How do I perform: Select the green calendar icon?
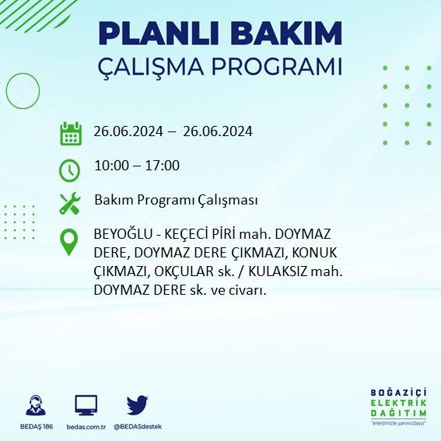point(71,133)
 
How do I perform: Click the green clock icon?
point(70,169)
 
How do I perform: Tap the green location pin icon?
point(70,242)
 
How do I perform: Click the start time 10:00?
point(110,166)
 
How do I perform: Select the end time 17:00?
point(163,166)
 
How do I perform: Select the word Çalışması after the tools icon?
point(226,201)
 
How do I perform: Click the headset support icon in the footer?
point(36,406)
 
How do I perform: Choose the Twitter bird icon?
point(137,404)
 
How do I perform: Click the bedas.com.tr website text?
point(86,427)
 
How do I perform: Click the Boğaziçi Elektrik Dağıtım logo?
point(399,404)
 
